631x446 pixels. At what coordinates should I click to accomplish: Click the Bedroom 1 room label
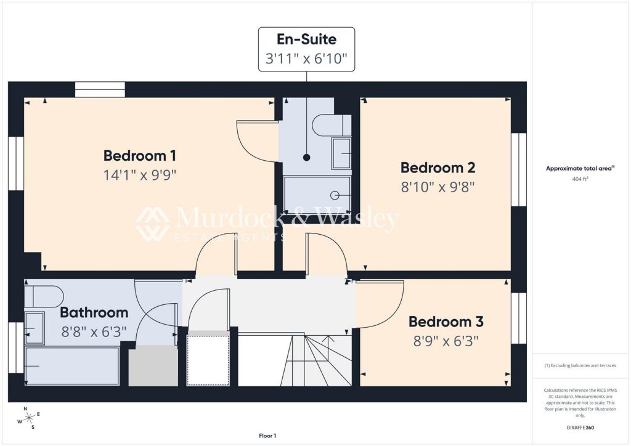click(x=140, y=156)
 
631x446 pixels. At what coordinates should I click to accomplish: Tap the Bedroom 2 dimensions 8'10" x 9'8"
click(x=438, y=187)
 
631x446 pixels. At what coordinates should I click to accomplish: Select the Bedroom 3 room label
click(x=446, y=322)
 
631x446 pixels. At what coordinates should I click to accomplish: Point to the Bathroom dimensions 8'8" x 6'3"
click(x=94, y=332)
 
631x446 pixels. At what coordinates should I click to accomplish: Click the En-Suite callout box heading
click(x=307, y=39)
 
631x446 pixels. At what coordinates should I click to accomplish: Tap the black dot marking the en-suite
click(x=307, y=158)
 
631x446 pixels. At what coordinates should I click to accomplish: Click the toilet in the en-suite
click(x=332, y=125)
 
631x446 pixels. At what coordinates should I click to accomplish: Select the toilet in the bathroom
click(x=44, y=296)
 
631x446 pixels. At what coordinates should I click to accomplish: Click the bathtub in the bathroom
click(x=72, y=366)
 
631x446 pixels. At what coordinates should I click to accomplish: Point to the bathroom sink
click(x=35, y=328)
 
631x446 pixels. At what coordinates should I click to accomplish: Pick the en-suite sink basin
click(x=341, y=153)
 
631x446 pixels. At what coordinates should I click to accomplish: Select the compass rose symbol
click(x=29, y=418)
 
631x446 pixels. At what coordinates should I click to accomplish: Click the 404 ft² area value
click(x=580, y=179)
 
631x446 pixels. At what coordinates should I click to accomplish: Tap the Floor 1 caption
click(x=267, y=436)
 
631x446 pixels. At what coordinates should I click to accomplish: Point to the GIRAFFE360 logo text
click(x=580, y=428)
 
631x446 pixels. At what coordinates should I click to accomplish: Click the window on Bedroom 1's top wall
click(x=100, y=90)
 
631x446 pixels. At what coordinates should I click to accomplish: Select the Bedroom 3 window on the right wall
click(x=519, y=318)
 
